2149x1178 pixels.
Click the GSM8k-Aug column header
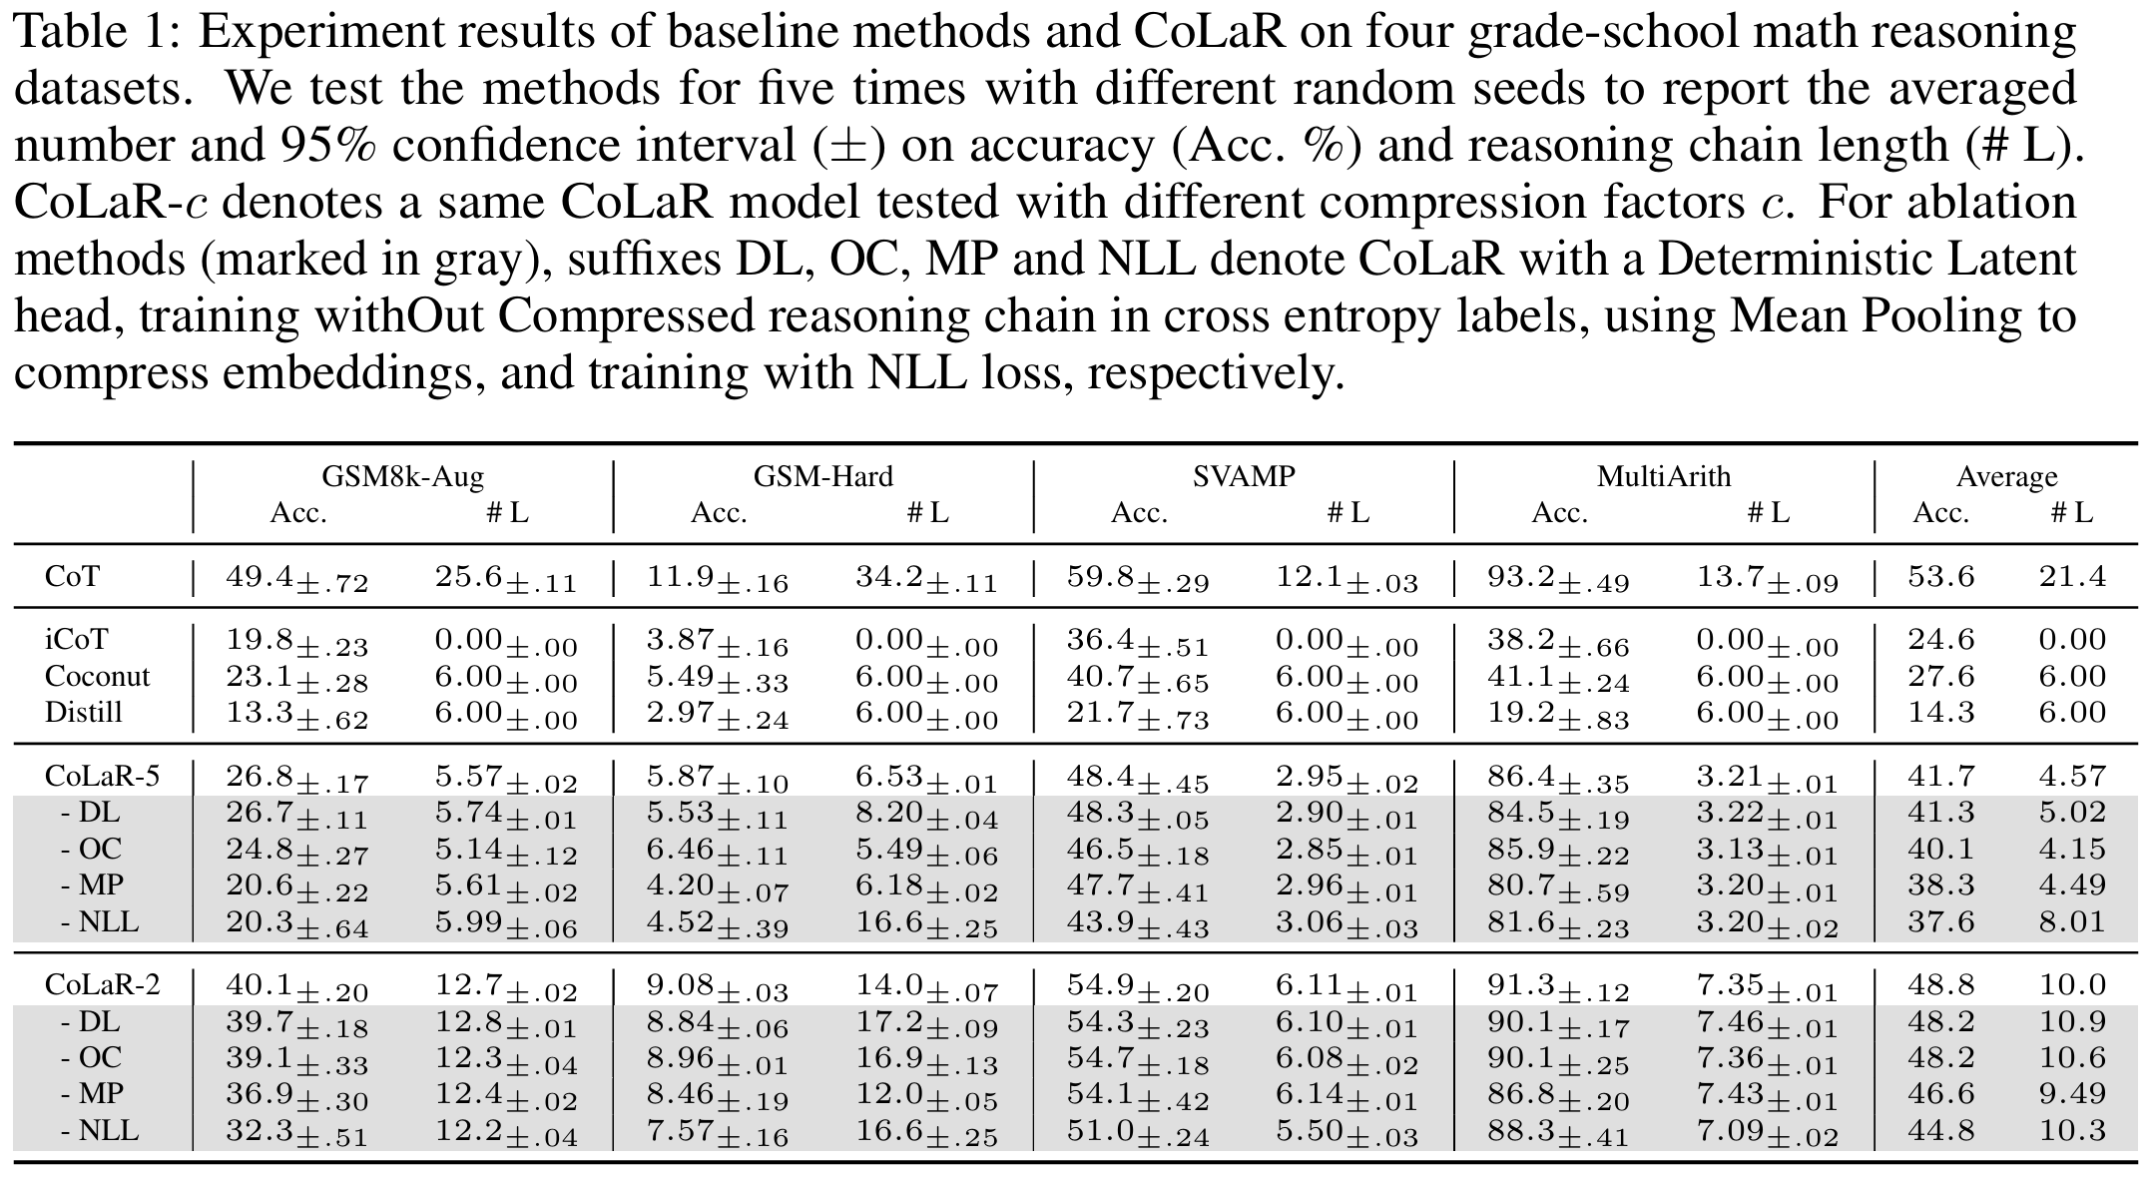(x=403, y=476)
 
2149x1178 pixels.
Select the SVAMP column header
(x=1244, y=476)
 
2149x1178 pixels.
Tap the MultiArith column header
(x=1664, y=476)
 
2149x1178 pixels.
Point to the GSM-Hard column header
(x=823, y=476)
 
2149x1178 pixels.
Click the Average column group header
(x=2006, y=476)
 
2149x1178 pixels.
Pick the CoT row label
(x=72, y=576)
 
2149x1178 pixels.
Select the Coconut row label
(x=97, y=676)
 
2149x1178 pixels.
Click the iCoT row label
(x=76, y=640)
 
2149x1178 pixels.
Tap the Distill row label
(x=84, y=712)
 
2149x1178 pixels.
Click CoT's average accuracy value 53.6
(x=1941, y=576)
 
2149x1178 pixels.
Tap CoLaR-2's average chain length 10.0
(x=2072, y=985)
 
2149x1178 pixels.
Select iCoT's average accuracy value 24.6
(x=1941, y=640)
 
